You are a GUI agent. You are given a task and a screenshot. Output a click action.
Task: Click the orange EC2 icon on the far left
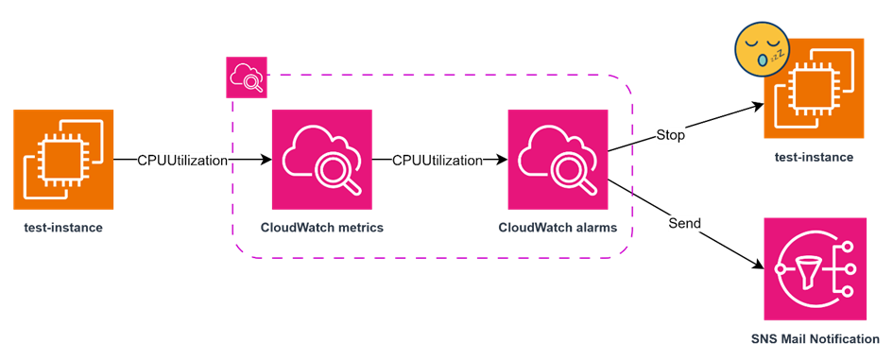(63, 159)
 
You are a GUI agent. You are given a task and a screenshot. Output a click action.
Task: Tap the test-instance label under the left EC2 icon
(63, 228)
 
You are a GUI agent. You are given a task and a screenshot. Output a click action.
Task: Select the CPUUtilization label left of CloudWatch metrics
(182, 161)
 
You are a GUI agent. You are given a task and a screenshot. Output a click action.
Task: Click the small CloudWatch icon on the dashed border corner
(247, 77)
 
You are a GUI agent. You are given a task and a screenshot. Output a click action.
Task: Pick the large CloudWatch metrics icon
(321, 159)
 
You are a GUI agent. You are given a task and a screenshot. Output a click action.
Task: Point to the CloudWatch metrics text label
(322, 228)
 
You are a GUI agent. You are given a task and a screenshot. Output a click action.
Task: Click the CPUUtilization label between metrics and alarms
(438, 161)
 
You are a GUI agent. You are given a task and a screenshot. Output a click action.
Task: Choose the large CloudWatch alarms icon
(558, 159)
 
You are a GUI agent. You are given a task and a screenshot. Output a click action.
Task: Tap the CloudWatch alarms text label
(558, 228)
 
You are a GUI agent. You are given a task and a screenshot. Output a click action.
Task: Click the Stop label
(670, 135)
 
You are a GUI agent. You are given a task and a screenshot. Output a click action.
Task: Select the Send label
(684, 224)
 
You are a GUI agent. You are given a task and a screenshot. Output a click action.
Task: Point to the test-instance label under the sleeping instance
(815, 157)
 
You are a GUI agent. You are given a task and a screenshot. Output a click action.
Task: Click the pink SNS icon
(815, 269)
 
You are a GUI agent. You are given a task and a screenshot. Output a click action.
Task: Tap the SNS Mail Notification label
(815, 338)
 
